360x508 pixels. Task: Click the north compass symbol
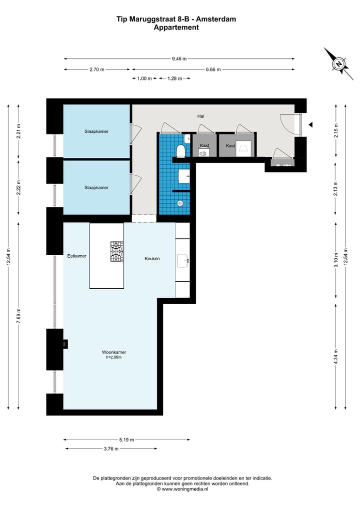(338, 63)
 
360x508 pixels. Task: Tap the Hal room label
(201, 116)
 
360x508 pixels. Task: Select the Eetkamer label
(77, 256)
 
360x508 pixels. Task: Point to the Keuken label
(152, 258)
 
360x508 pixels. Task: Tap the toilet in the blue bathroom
(182, 150)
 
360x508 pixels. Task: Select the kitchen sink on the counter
(182, 260)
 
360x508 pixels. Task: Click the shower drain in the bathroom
(179, 203)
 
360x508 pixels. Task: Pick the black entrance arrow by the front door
(310, 124)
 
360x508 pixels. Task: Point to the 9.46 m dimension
(179, 58)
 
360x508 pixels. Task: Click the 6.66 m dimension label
(213, 69)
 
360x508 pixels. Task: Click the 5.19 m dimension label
(126, 440)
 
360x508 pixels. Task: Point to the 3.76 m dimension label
(111, 449)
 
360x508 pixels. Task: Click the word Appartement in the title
(176, 28)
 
